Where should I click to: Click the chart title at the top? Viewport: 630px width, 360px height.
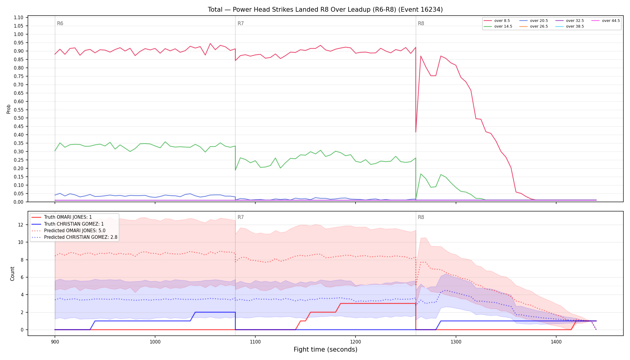(x=325, y=10)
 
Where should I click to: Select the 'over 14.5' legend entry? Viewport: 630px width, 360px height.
(x=498, y=26)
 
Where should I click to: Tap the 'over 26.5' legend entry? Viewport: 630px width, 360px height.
(x=534, y=26)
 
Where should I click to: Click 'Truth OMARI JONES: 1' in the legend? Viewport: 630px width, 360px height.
(x=61, y=217)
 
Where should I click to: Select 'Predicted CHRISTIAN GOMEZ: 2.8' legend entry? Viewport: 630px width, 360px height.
(x=74, y=237)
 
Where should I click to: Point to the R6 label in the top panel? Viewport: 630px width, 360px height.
(x=60, y=23)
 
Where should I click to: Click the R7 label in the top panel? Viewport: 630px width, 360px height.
(x=241, y=23)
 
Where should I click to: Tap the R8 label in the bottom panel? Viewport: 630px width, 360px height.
(x=421, y=217)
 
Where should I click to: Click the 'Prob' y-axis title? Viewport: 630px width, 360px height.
(x=9, y=109)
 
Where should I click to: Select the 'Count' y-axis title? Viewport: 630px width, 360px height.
(x=12, y=274)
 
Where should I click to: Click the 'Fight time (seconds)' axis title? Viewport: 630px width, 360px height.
(x=325, y=349)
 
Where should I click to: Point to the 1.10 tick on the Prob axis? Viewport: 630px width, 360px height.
(x=19, y=18)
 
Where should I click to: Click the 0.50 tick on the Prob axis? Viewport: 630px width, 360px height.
(x=19, y=118)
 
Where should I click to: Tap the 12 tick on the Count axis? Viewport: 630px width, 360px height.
(x=21, y=225)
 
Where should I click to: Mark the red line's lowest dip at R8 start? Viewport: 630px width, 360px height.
(x=416, y=132)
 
